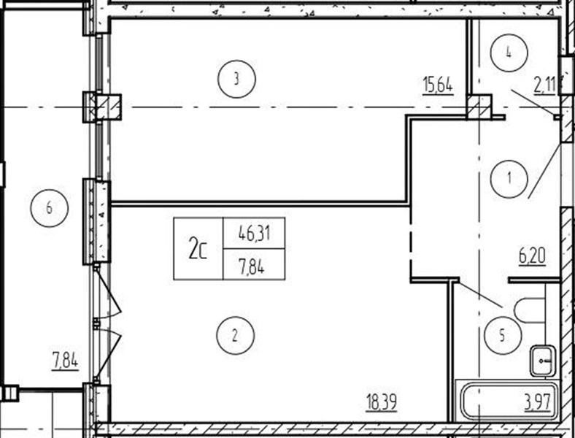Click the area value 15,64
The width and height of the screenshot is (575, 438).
(438, 86)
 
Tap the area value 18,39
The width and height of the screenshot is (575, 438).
(382, 402)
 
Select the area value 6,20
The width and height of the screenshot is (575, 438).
(532, 256)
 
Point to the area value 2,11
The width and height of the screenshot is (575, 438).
(546, 86)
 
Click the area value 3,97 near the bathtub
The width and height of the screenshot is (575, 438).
(538, 402)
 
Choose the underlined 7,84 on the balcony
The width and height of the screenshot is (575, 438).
(65, 360)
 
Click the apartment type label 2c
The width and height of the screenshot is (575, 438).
(198, 248)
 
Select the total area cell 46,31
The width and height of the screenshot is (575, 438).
(254, 233)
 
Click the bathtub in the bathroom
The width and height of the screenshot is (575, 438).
(508, 401)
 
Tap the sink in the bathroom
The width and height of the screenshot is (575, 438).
(543, 361)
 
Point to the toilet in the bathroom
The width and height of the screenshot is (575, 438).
(530, 311)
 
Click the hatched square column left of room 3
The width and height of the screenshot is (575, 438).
(108, 107)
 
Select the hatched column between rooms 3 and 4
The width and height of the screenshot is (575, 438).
(479, 107)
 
